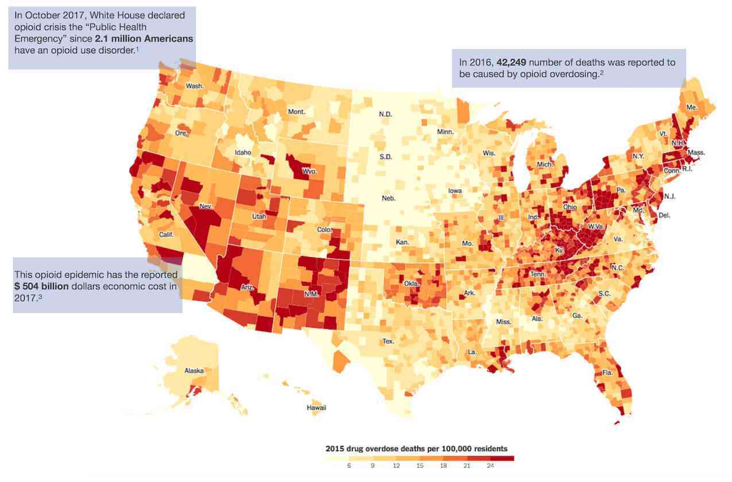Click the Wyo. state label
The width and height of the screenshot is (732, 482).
pyautogui.click(x=309, y=171)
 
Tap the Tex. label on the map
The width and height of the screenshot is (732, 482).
pyautogui.click(x=389, y=341)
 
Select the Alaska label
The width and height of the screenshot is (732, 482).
pyautogui.click(x=194, y=371)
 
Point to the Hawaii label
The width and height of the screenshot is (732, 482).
pyautogui.click(x=316, y=407)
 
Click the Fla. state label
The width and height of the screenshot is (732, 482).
pyautogui.click(x=607, y=372)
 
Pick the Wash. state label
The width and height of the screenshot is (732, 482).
pyautogui.click(x=195, y=86)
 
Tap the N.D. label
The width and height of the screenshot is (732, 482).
pyautogui.click(x=385, y=114)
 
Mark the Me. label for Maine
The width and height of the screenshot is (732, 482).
pyautogui.click(x=692, y=107)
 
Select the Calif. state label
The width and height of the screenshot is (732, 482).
pyautogui.click(x=166, y=234)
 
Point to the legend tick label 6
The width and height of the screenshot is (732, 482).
pyautogui.click(x=348, y=466)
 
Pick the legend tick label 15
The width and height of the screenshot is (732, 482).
pyautogui.click(x=420, y=466)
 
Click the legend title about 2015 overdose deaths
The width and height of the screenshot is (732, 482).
pyautogui.click(x=416, y=448)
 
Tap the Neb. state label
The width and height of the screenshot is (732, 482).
pyautogui.click(x=389, y=199)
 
